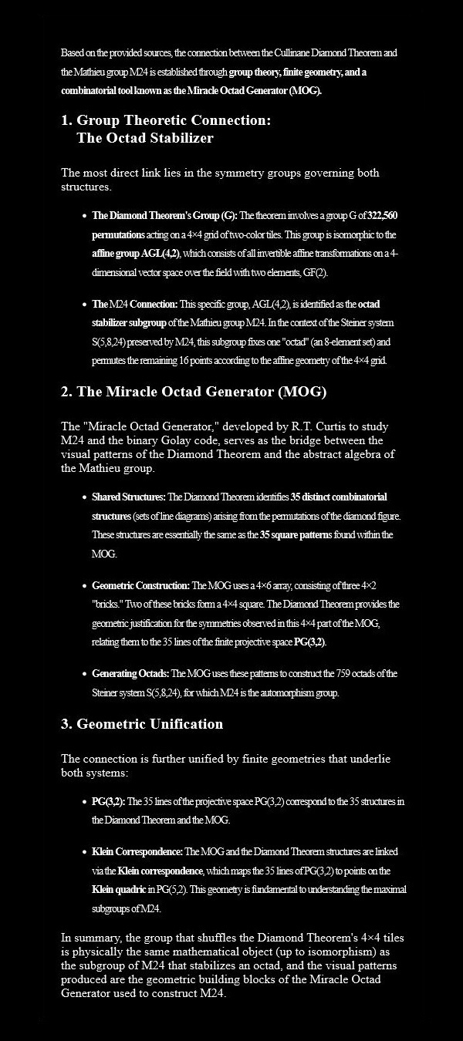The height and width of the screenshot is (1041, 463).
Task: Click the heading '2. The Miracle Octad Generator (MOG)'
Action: [x=194, y=392]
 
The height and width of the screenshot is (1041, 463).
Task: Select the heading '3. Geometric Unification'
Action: [x=142, y=724]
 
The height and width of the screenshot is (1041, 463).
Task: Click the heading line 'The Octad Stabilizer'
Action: [x=145, y=139]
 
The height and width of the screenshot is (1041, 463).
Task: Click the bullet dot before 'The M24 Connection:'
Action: [x=83, y=304]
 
